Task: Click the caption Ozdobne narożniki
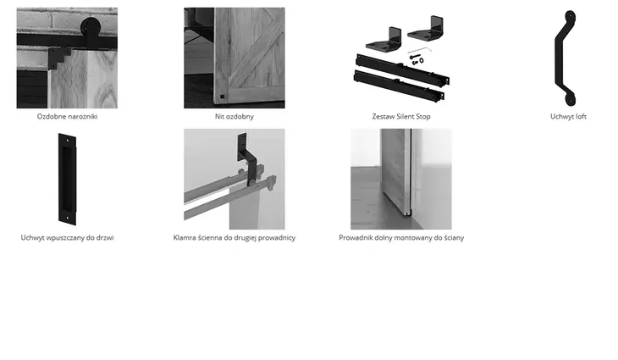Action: click(x=67, y=116)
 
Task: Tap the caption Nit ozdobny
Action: click(x=235, y=116)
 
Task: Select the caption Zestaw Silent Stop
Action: click(x=401, y=116)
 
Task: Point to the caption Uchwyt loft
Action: click(x=568, y=116)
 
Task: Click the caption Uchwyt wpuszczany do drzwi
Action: click(x=67, y=237)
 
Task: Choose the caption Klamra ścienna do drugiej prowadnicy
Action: click(x=235, y=237)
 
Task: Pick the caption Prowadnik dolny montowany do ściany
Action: click(x=401, y=237)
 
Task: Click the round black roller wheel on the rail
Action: click(x=91, y=27)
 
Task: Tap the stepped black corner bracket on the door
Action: click(x=58, y=58)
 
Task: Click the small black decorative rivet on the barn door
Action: click(x=222, y=97)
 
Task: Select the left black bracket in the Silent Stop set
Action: click(x=383, y=38)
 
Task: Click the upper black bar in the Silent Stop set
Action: click(x=402, y=69)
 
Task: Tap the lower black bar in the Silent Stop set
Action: click(x=399, y=86)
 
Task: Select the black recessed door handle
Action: click(x=67, y=179)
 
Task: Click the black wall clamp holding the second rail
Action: click(x=246, y=158)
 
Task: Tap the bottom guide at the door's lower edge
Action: click(x=410, y=212)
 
